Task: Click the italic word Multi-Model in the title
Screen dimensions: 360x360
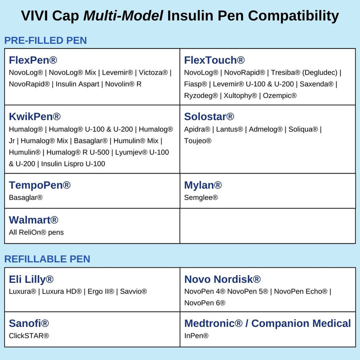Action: pyautogui.click(x=123, y=15)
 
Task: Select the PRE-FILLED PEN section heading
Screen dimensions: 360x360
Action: pyautogui.click(x=45, y=40)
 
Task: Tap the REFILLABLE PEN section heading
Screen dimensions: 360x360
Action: pyautogui.click(x=47, y=259)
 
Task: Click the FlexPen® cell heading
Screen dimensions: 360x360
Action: pyautogui.click(x=33, y=60)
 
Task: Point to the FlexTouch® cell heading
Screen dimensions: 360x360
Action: pyautogui.click(x=214, y=60)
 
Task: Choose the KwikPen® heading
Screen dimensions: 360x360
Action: pyautogui.click(x=34, y=117)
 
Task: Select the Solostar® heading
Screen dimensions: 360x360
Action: pyautogui.click(x=209, y=117)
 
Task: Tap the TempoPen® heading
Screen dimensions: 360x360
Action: pyautogui.click(x=39, y=185)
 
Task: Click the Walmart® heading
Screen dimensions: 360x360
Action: pyautogui.click(x=33, y=220)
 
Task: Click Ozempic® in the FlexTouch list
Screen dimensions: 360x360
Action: pyautogui.click(x=279, y=95)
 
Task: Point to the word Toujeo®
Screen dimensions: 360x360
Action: pyautogui.click(x=198, y=141)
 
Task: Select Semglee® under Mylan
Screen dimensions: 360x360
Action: pyautogui.click(x=201, y=197)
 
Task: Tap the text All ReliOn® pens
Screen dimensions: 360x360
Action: pyautogui.click(x=36, y=232)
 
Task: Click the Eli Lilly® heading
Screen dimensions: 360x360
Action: pyautogui.click(x=31, y=279)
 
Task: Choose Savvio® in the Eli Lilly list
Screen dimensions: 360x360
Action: pyautogui.click(x=133, y=291)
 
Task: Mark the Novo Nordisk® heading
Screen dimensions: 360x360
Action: pyautogui.click(x=222, y=279)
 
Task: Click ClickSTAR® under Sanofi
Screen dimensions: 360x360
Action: pyautogui.click(x=29, y=335)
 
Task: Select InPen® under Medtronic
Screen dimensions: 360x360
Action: pyautogui.click(x=196, y=335)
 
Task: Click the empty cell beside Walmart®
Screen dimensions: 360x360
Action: pyautogui.click(x=267, y=226)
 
